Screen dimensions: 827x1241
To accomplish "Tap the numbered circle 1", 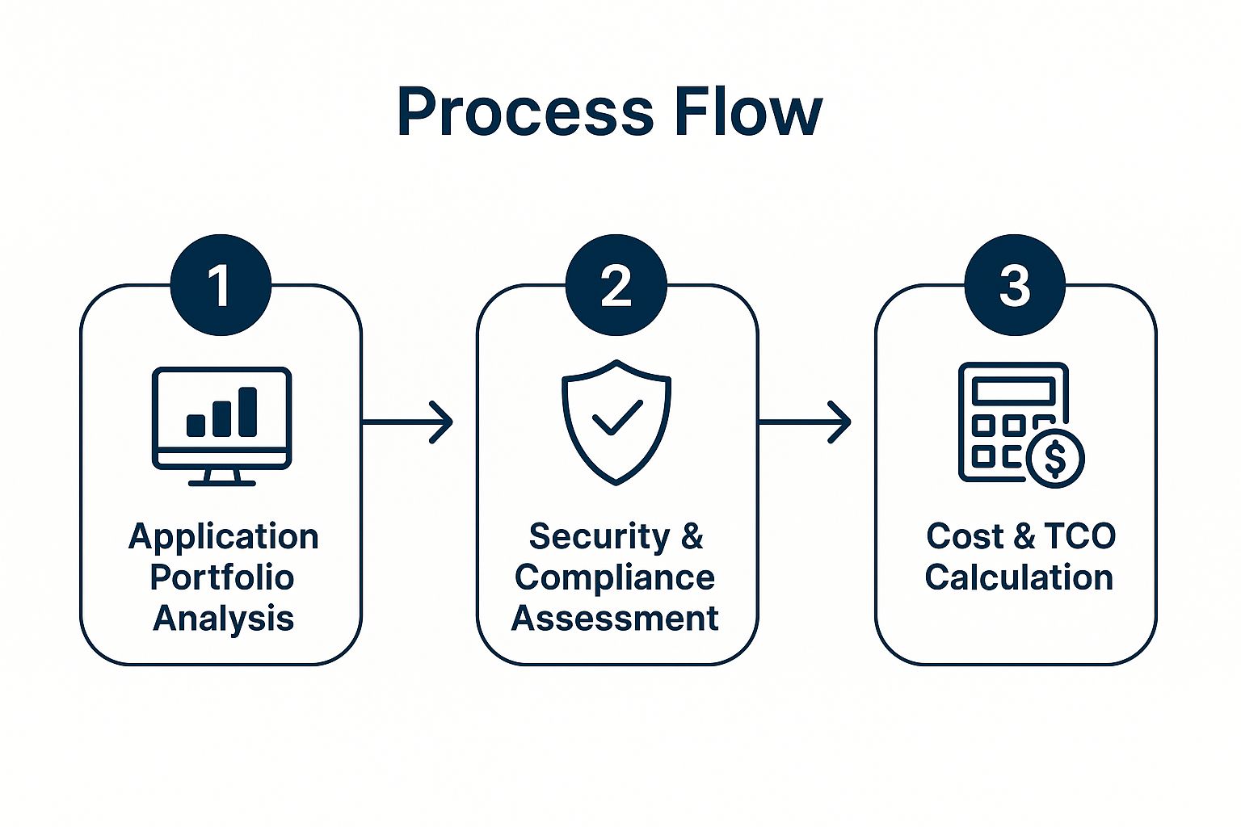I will pos(220,285).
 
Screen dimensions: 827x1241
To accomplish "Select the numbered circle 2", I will pos(616,285).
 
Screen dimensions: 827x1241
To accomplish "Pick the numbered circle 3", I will pos(1015,285).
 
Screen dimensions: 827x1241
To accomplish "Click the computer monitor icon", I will pos(221,425).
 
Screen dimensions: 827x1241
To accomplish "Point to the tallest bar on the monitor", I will pos(247,411).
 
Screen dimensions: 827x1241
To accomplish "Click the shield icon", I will pos(616,421).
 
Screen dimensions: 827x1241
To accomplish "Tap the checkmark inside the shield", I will pos(617,418).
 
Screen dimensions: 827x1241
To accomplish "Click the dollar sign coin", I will pos(1055,458).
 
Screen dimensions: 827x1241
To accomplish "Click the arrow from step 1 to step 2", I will pos(407,422).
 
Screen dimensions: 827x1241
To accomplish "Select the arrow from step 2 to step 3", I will pos(805,422).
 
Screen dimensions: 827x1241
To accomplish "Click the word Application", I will pos(223,537).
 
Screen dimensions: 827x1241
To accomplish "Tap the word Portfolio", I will pos(222,577).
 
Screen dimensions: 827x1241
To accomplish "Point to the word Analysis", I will pos(223,619).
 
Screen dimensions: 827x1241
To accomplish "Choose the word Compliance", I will pos(615,577).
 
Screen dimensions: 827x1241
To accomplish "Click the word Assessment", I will pos(615,619).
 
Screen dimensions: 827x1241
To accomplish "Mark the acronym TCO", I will pos(1079,536).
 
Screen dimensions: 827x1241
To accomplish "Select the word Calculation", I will pos(1019,577).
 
